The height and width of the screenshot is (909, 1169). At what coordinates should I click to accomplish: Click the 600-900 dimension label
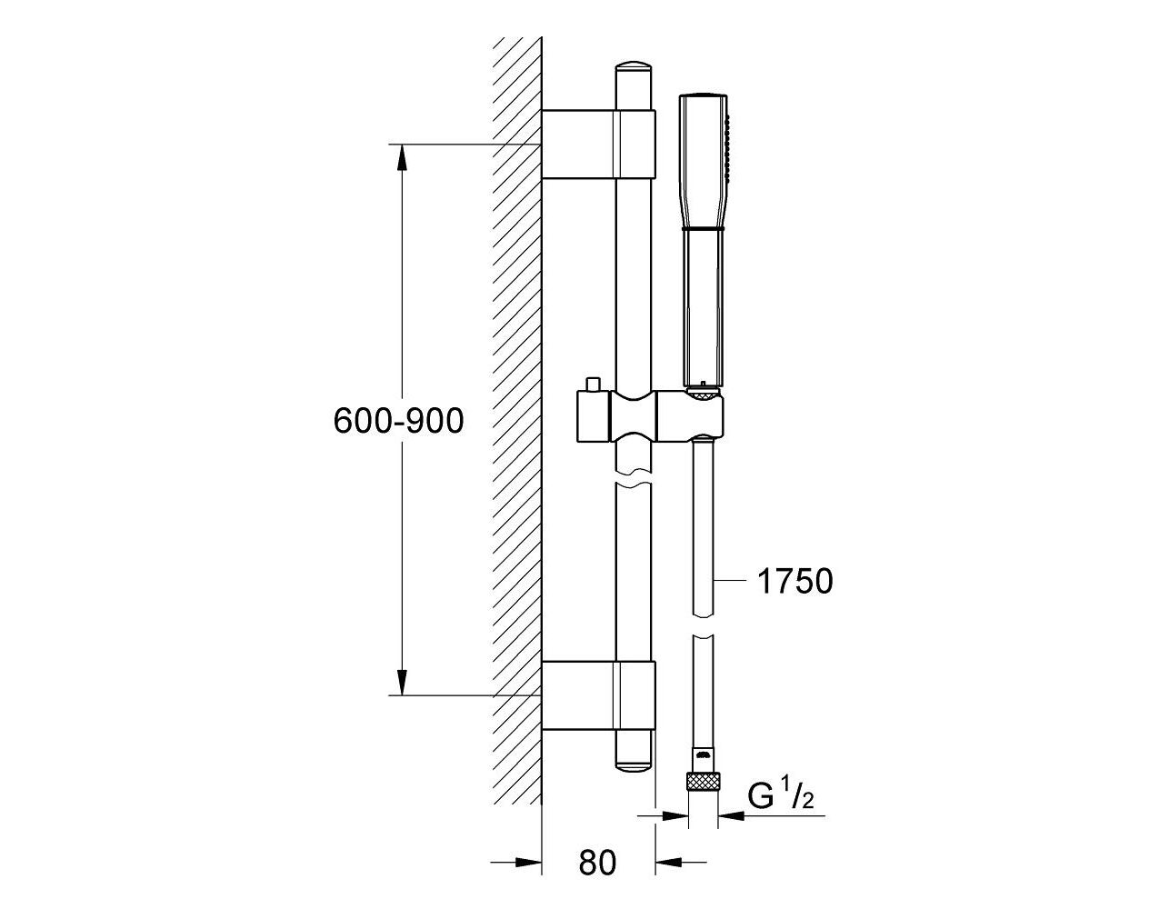[399, 421]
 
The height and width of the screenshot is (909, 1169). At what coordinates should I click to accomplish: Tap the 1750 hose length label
[795, 582]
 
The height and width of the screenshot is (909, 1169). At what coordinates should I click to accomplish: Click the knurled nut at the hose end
[703, 796]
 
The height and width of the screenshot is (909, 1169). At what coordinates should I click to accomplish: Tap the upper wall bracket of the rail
[598, 145]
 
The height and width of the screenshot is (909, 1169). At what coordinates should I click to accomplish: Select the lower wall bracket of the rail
[598, 694]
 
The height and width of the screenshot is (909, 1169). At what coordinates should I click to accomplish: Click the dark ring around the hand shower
[704, 229]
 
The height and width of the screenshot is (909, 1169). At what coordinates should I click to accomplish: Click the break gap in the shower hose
[703, 626]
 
